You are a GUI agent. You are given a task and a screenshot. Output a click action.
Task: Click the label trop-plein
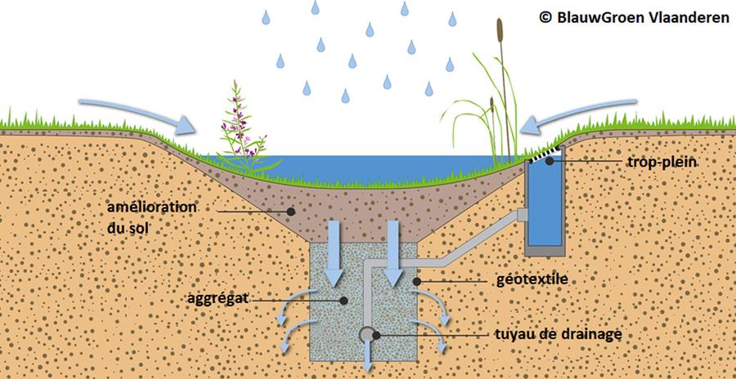(x=662, y=163)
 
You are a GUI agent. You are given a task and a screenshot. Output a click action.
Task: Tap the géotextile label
(x=532, y=279)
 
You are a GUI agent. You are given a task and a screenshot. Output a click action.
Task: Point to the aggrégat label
(x=218, y=298)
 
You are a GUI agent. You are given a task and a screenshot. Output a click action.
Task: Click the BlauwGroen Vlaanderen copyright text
(x=634, y=17)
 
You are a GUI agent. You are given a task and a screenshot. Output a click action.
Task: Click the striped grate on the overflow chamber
(x=545, y=154)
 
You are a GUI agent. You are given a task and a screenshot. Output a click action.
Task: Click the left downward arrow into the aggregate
(x=334, y=253)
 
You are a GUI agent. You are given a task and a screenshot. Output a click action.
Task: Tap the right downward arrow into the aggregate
(x=393, y=253)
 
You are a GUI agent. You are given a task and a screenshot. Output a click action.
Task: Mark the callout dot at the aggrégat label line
(x=343, y=301)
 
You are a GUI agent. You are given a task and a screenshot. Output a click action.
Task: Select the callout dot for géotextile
(x=416, y=281)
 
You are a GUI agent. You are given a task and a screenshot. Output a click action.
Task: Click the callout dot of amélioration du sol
(x=291, y=212)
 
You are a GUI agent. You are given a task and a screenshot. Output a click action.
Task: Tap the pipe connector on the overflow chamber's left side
(x=522, y=215)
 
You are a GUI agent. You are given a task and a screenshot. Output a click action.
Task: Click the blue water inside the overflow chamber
(x=545, y=202)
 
